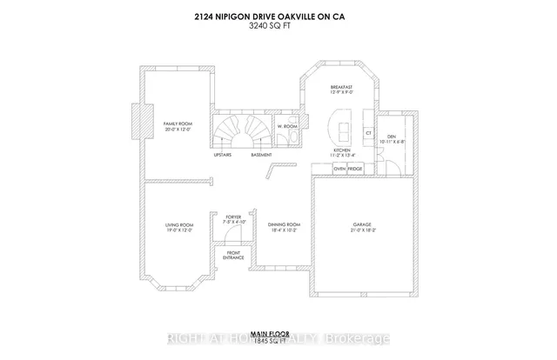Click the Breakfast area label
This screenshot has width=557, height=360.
click(x=340, y=88)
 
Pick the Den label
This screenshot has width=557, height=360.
click(x=391, y=137)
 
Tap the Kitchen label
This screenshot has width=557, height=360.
click(x=342, y=150)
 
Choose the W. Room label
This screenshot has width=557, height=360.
click(x=287, y=127)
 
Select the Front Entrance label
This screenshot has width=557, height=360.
click(x=233, y=256)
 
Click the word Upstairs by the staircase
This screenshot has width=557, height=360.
click(x=223, y=156)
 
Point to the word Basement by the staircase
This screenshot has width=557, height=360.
click(x=261, y=156)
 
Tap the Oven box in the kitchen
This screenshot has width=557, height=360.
click(x=339, y=168)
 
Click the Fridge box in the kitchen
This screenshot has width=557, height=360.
click(x=356, y=168)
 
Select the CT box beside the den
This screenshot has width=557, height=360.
click(x=369, y=132)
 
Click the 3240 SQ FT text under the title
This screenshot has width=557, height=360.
click(x=278, y=24)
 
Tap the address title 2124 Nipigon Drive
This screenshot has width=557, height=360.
click(x=278, y=14)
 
